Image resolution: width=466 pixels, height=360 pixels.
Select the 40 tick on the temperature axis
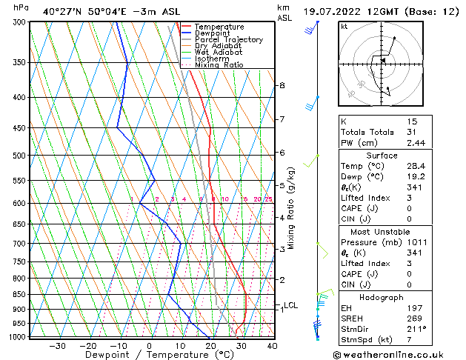pos(272,345)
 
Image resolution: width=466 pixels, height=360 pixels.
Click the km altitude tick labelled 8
pos(282,86)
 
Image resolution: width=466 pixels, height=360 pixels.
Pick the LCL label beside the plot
pos(290,305)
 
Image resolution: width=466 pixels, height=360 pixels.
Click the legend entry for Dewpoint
pos(212,33)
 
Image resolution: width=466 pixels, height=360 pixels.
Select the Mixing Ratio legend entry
pos(219,65)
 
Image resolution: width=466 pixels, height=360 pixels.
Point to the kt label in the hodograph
pos(344,26)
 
